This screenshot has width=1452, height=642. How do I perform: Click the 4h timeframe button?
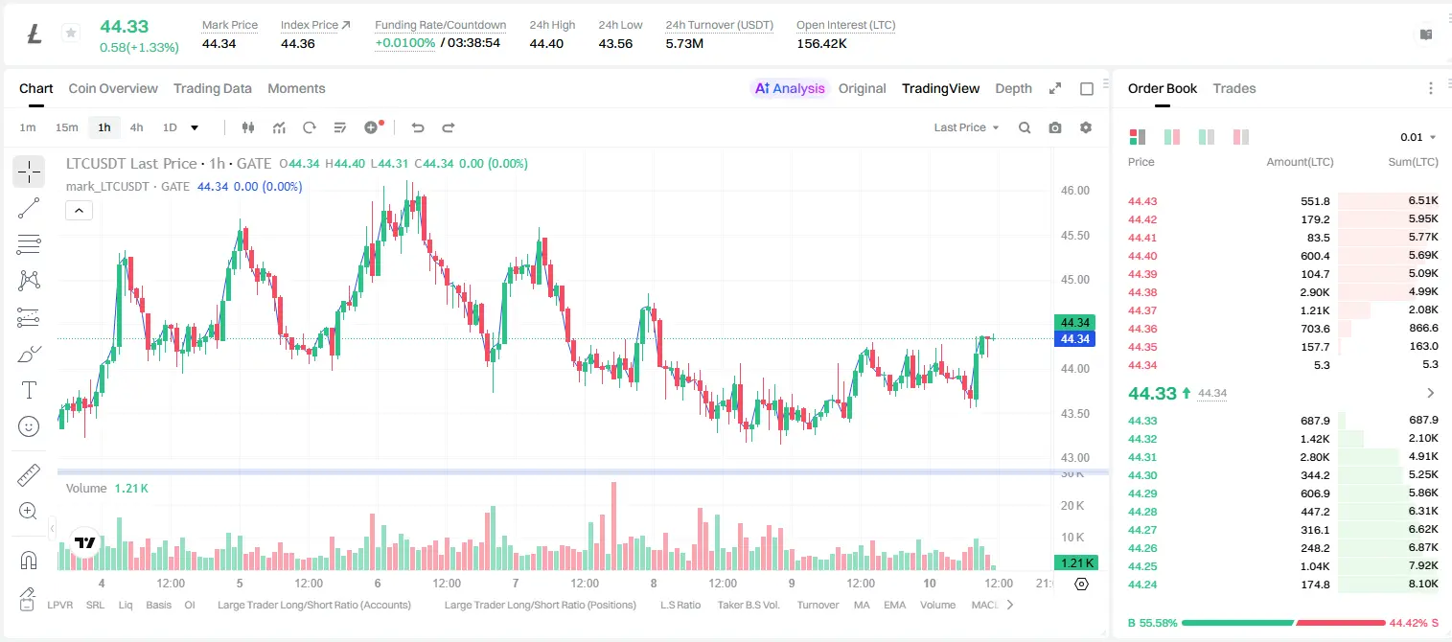point(136,127)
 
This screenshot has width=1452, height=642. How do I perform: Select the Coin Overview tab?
point(113,88)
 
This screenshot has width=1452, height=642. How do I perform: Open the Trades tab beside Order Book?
point(1233,88)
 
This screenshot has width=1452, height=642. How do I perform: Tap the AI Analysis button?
point(790,88)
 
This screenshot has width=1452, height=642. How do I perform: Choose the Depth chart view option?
point(1013,88)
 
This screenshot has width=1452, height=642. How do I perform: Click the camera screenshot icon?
point(1054,127)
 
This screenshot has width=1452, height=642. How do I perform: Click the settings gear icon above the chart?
point(1085,127)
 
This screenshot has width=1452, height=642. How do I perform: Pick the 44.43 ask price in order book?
point(1142,201)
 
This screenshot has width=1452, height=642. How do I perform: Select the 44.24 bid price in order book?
point(1142,585)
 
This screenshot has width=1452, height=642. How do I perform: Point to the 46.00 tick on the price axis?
point(1074,191)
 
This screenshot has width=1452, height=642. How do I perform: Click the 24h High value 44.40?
point(545,43)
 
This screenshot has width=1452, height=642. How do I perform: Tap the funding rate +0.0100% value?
point(405,43)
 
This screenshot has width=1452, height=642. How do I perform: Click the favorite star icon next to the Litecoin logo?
point(71,33)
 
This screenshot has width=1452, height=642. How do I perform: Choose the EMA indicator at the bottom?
point(894,605)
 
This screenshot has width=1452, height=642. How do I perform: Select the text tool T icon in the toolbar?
point(29,390)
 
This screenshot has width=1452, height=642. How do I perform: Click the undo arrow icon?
point(418,127)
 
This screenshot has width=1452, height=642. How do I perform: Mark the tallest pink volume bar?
point(613,526)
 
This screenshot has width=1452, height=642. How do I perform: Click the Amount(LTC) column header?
point(1300,162)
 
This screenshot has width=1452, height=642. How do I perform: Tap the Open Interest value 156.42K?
point(821,43)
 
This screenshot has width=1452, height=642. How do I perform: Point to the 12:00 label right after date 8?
point(722,583)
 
